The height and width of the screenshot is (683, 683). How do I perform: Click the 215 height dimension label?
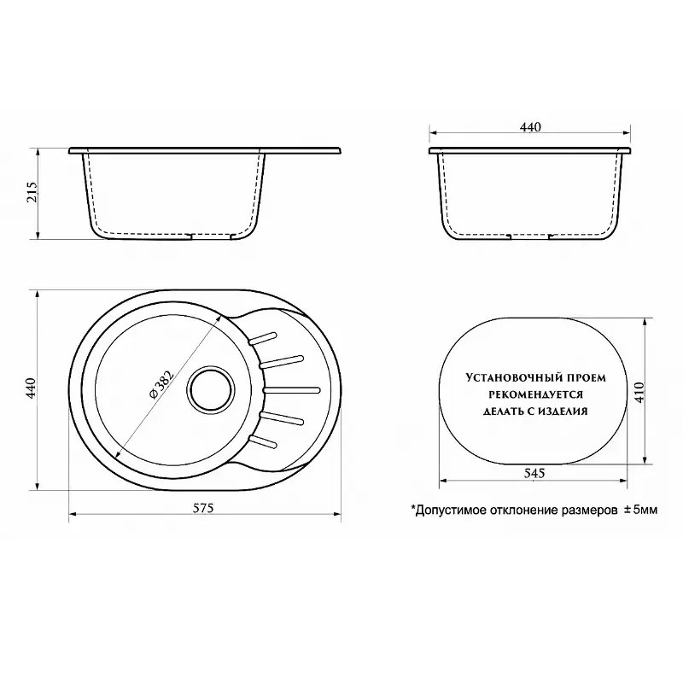click(x=33, y=191)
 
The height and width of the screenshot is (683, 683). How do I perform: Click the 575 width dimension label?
click(x=204, y=508)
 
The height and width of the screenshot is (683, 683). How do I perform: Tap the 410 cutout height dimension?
click(x=639, y=392)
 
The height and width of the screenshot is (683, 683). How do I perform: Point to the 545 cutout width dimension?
click(x=534, y=473)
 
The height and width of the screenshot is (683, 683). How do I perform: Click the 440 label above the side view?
click(x=530, y=126)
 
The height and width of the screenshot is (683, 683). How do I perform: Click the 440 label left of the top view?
click(x=31, y=388)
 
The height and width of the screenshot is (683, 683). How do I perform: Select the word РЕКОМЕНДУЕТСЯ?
click(x=535, y=394)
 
